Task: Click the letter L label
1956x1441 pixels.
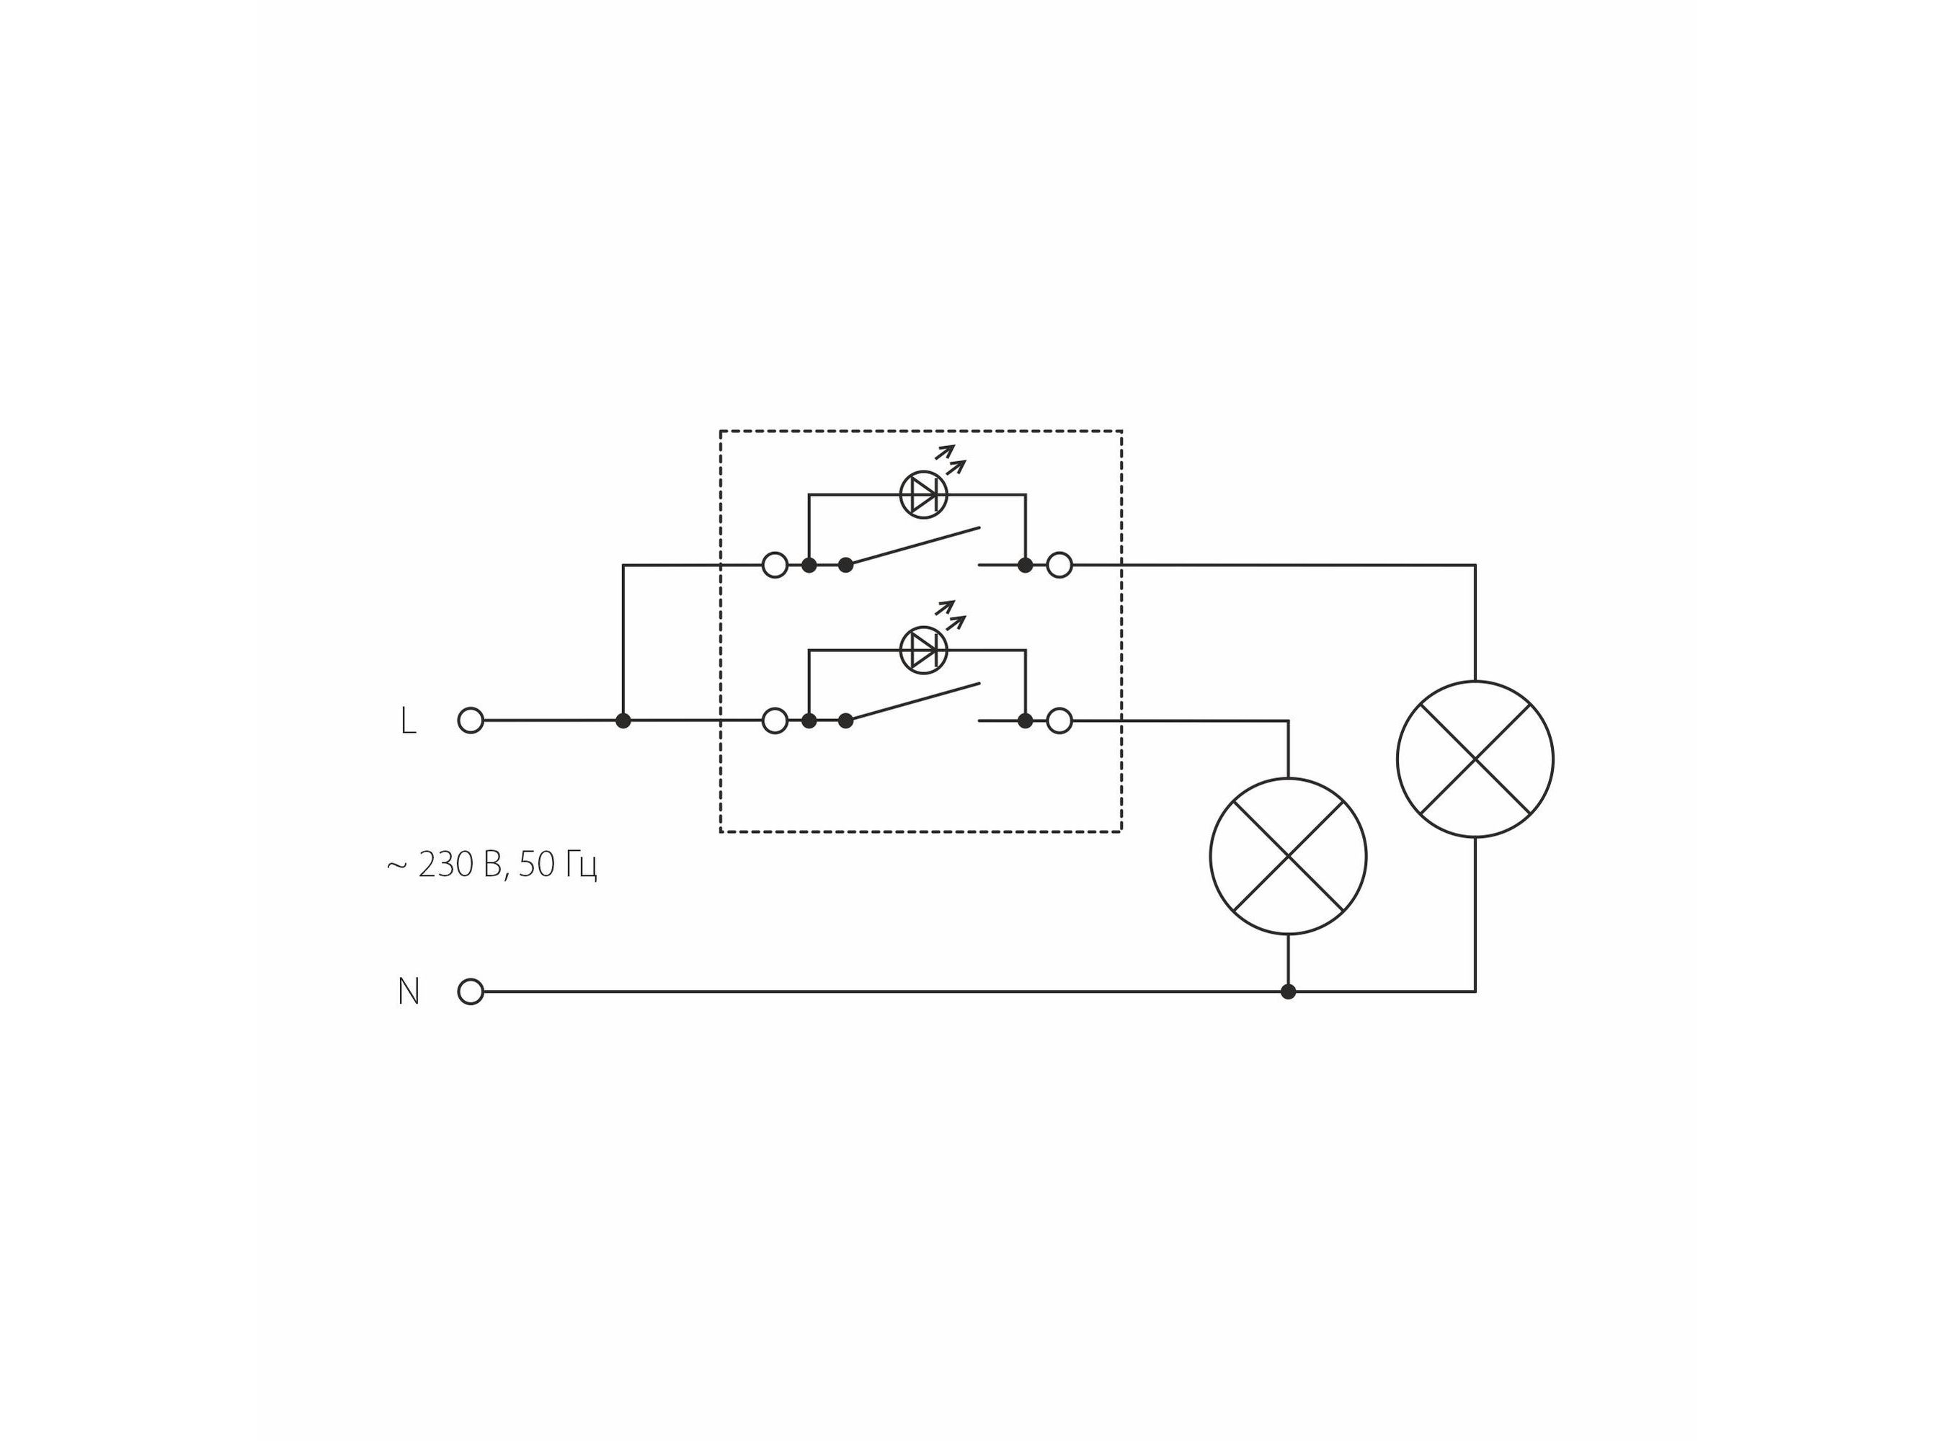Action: [x=407, y=721]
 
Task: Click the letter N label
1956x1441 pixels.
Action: [x=409, y=992]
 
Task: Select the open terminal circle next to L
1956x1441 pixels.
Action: [x=470, y=720]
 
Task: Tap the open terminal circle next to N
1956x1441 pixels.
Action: [x=470, y=992]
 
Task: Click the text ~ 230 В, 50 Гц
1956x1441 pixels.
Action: [x=492, y=865]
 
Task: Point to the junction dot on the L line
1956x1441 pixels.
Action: [x=623, y=720]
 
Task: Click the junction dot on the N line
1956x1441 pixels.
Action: [x=1288, y=992]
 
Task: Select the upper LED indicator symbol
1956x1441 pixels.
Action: [x=923, y=494]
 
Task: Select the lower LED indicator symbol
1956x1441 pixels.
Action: [x=923, y=650]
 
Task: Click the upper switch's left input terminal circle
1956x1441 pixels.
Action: [x=775, y=566]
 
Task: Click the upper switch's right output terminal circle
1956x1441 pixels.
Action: [x=1059, y=566]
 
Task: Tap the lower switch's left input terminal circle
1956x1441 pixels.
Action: [x=775, y=720]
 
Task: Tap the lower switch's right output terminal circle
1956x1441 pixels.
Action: [x=1059, y=720]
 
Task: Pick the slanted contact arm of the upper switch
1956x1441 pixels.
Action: [x=912, y=546]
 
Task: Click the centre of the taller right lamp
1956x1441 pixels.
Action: [x=1475, y=759]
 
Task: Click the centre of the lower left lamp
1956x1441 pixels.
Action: [x=1288, y=856]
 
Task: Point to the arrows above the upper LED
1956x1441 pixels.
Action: [x=951, y=459]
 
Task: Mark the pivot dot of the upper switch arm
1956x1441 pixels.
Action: [x=845, y=566]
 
